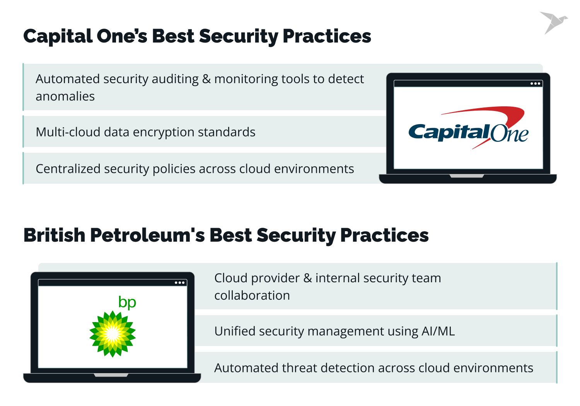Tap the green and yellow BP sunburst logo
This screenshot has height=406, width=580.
113,334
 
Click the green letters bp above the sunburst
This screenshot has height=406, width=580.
127,302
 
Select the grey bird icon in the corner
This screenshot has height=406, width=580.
553,22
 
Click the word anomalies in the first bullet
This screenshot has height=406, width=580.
65,96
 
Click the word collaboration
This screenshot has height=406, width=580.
252,295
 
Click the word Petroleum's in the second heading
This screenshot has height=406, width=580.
147,235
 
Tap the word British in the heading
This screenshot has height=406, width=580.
54,235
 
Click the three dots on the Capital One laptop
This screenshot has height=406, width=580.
535,84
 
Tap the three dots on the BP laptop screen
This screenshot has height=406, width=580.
180,283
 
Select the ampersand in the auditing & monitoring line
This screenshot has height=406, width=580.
206,79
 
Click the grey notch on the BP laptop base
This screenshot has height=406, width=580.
111,375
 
